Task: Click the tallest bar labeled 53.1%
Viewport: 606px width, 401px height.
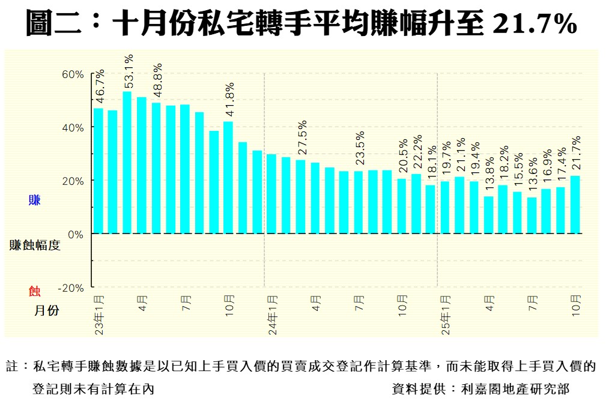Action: tap(127, 162)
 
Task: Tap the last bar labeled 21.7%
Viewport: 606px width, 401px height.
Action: tap(575, 204)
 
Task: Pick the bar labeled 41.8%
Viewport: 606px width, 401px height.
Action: tap(228, 177)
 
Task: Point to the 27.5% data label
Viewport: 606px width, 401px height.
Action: tap(301, 139)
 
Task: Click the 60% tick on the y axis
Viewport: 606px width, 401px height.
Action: tap(73, 74)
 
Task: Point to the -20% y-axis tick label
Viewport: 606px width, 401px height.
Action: tap(71, 288)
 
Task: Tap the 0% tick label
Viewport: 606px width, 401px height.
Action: tap(75, 234)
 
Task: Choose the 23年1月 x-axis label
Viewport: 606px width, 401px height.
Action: tap(99, 315)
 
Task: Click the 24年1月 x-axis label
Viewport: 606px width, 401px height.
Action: tap(272, 315)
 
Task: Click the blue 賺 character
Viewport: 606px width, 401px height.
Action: tap(34, 200)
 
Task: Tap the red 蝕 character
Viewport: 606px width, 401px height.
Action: tap(34, 291)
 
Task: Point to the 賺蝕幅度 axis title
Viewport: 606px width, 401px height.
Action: tap(35, 245)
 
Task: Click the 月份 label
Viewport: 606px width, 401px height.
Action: tap(46, 310)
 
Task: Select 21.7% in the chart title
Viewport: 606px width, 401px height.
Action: tap(534, 24)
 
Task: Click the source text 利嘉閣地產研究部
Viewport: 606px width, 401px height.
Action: tap(515, 388)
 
